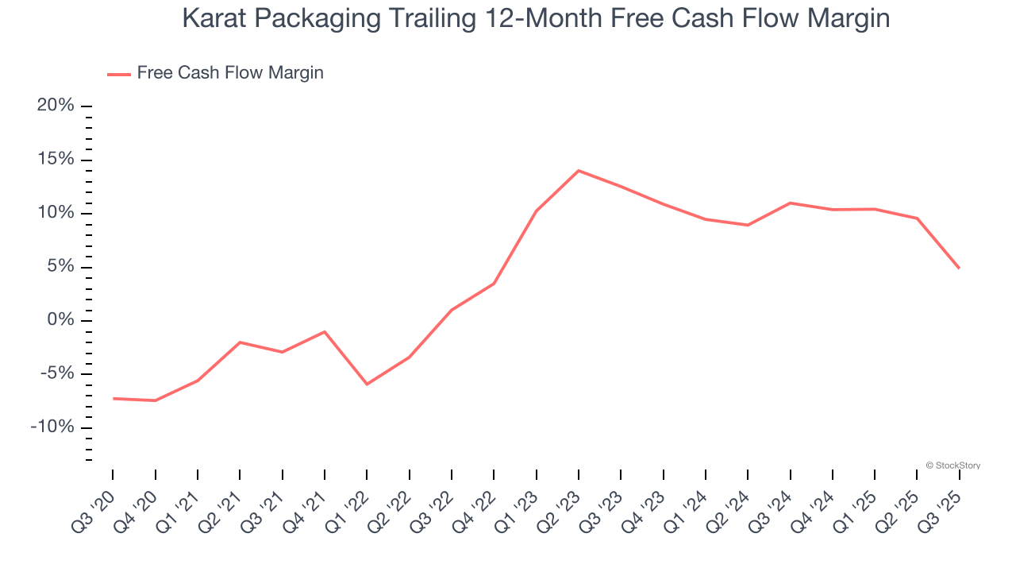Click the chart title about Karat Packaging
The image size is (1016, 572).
point(536,18)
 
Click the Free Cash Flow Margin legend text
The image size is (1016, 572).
point(230,73)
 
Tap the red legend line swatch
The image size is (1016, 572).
point(119,74)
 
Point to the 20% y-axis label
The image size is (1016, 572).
point(56,106)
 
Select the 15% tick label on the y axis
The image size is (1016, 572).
point(56,160)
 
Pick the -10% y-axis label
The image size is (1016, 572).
point(52,427)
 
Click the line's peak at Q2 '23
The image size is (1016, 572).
point(579,170)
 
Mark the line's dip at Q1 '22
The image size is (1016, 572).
point(367,385)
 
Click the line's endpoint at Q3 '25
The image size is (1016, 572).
point(959,268)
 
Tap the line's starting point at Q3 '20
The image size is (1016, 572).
point(114,398)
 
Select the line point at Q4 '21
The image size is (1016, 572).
point(325,331)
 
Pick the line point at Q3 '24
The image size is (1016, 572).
point(791,203)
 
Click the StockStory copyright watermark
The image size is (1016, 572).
point(952,466)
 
